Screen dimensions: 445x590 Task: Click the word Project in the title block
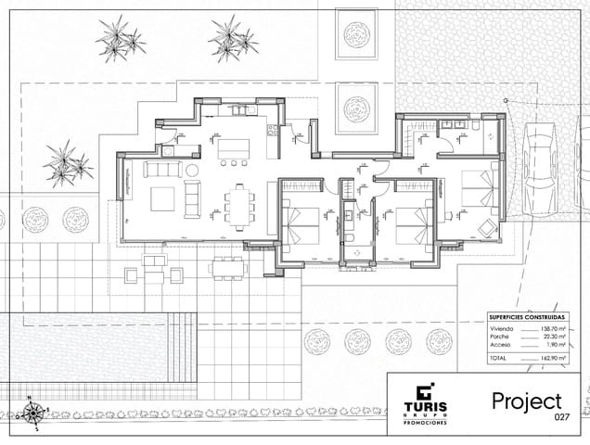(x=527, y=401)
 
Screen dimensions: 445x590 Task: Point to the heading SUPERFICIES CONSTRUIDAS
(x=524, y=315)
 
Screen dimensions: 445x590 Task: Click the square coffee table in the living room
(x=162, y=198)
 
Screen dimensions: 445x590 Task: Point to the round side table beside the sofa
(x=192, y=171)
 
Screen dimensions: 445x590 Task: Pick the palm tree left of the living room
(x=66, y=162)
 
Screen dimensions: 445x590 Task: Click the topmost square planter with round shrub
(x=357, y=35)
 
